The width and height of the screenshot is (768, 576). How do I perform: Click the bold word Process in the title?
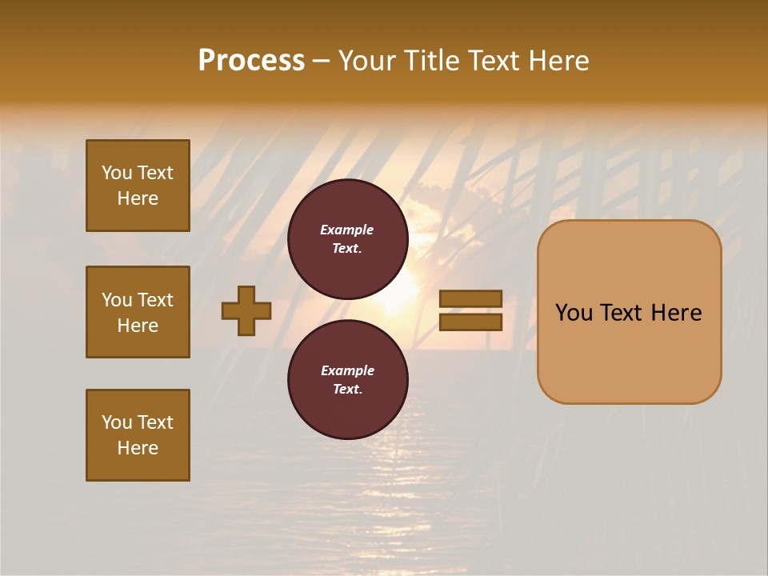(251, 61)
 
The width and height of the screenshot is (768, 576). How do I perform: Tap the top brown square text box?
(138, 186)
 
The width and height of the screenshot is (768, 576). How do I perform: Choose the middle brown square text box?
(138, 312)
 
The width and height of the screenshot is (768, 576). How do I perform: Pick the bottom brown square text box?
(138, 435)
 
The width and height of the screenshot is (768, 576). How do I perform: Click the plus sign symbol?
(246, 310)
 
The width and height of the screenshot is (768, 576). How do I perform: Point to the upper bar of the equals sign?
(471, 299)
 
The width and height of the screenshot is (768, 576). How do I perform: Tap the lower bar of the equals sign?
(471, 322)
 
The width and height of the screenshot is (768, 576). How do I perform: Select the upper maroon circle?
(347, 239)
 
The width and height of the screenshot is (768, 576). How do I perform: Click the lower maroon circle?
(347, 380)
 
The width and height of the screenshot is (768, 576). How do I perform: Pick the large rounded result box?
(629, 312)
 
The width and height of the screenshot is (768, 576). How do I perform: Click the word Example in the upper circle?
(347, 230)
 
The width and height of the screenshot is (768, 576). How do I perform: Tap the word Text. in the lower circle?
(347, 389)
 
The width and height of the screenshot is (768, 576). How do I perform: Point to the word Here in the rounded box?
(676, 313)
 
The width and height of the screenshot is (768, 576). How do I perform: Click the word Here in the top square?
(138, 198)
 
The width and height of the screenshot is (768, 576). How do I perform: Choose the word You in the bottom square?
(117, 422)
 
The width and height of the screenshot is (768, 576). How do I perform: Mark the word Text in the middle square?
(155, 300)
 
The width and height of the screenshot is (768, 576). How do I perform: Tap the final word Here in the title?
(560, 61)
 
